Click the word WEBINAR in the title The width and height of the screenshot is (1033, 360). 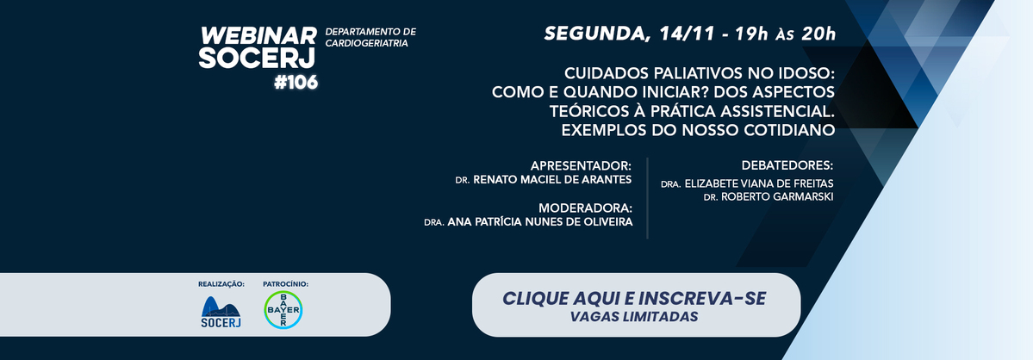point(258,36)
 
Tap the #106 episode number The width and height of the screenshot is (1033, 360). point(296,83)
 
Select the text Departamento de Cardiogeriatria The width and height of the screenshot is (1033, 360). point(371,38)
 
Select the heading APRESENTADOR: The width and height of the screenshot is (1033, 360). point(581,165)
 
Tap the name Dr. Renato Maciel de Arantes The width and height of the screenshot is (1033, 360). point(544,179)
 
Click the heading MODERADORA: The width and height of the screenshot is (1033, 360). point(586,208)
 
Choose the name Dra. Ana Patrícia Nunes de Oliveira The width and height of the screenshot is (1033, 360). point(528,222)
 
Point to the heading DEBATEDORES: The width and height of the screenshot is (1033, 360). point(787,165)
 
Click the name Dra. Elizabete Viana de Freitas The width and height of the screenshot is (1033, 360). point(747,184)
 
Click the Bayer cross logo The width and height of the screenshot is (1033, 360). point(283,310)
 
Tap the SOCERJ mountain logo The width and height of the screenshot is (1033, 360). point(221,312)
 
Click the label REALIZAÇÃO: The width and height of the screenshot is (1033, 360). point(221,284)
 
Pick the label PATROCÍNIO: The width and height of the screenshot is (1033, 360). point(285,284)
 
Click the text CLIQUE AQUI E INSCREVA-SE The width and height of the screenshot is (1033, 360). point(634,298)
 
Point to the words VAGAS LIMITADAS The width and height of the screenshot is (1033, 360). point(635,317)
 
